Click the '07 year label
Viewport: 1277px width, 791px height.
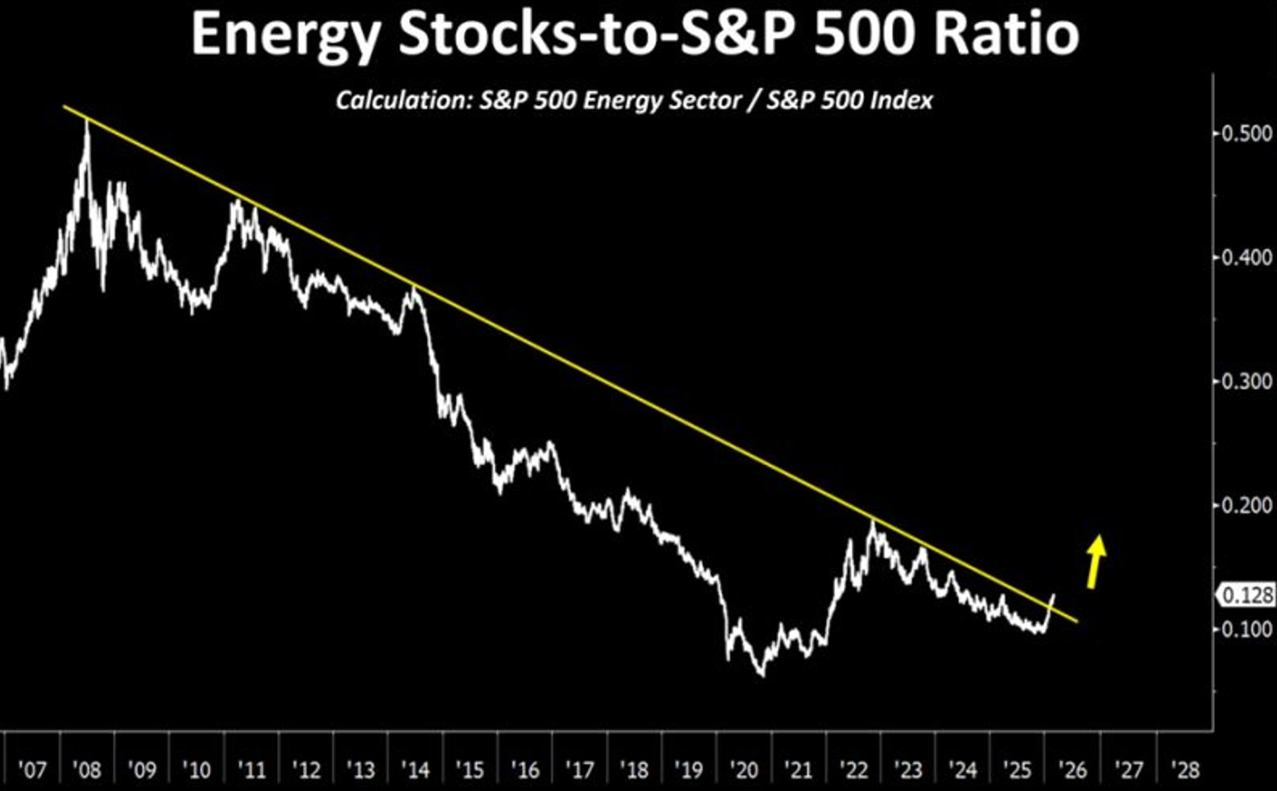click(x=32, y=770)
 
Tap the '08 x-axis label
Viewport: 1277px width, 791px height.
click(x=87, y=770)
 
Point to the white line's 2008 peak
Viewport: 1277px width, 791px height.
click(x=88, y=123)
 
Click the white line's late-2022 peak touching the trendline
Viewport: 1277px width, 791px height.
click(x=872, y=520)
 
